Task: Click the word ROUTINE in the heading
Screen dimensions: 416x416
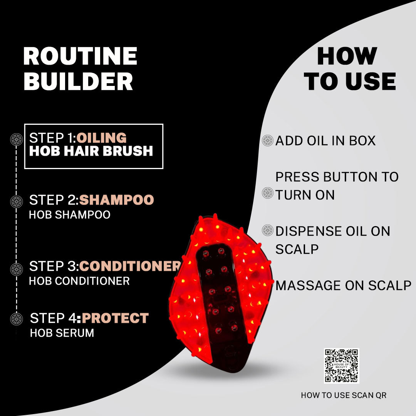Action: click(80, 56)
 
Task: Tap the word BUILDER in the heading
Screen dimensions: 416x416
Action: click(78, 81)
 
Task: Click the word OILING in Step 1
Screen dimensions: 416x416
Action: click(102, 138)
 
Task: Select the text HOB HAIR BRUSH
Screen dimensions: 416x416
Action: click(91, 151)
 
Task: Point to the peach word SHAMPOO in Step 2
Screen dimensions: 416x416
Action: click(116, 200)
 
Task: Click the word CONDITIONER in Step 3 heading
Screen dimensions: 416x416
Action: click(130, 266)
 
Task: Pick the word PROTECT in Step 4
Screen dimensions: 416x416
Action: click(115, 318)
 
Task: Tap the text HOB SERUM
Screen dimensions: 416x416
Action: click(62, 333)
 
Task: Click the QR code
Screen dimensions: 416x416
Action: click(341, 366)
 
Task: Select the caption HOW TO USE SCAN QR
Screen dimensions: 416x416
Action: click(344, 395)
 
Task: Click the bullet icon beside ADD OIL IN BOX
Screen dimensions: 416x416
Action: click(267, 141)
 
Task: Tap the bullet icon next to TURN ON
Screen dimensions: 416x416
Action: click(267, 193)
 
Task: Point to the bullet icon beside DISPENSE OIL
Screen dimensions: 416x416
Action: click(267, 230)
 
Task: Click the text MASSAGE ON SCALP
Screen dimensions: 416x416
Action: click(343, 285)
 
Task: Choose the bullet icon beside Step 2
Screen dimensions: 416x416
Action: click(17, 201)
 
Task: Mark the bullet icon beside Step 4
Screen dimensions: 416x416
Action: click(17, 319)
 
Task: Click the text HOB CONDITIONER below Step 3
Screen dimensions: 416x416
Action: click(79, 281)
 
